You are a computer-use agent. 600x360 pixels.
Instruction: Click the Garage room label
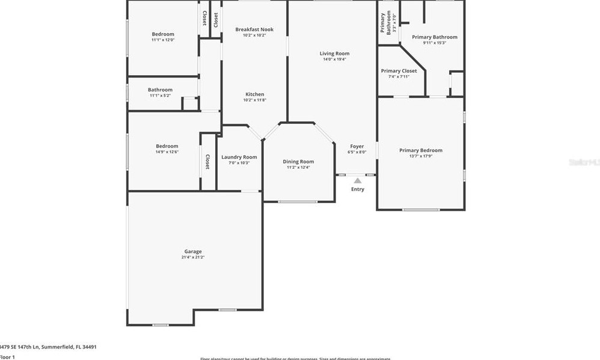click(x=193, y=251)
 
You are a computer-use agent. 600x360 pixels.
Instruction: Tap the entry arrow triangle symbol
click(x=358, y=180)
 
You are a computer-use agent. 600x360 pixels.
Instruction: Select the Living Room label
click(x=334, y=53)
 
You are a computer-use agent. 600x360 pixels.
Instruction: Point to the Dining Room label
click(x=298, y=161)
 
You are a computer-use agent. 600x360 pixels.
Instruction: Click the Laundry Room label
click(x=239, y=157)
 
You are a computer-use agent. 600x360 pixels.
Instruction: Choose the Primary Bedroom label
click(x=421, y=150)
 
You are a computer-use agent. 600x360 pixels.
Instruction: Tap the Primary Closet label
click(x=399, y=71)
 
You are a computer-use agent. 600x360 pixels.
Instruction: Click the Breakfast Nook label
click(x=254, y=29)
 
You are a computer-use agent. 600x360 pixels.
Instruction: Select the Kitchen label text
click(x=254, y=94)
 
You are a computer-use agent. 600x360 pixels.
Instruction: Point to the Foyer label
click(x=357, y=146)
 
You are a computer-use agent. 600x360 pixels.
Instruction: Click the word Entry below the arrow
click(x=358, y=189)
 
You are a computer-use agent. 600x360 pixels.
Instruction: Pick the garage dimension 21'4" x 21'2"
click(x=193, y=257)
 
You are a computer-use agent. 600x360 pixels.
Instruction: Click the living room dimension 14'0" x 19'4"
click(x=334, y=59)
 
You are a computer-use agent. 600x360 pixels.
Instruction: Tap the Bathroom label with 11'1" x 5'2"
click(x=160, y=90)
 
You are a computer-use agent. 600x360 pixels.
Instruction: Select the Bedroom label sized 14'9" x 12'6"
click(x=167, y=146)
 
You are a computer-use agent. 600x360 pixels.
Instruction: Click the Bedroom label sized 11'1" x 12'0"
click(x=163, y=34)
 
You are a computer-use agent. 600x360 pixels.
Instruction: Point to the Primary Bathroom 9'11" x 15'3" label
click(x=434, y=37)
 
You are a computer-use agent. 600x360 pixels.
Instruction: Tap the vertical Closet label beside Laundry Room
click(x=207, y=162)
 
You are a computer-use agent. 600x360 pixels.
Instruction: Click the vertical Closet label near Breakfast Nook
click(x=215, y=19)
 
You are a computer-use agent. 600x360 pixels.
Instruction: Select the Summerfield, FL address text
click(x=48, y=347)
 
